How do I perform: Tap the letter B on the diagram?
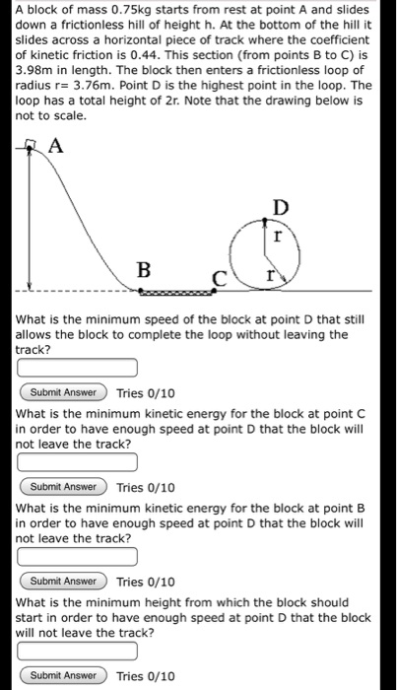144,268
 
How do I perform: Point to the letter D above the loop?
282,207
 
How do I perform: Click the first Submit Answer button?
64,392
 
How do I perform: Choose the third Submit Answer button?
64,581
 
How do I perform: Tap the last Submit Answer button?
64,675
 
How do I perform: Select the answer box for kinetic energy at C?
76,462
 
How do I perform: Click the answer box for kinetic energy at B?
76,557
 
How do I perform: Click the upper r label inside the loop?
279,238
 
